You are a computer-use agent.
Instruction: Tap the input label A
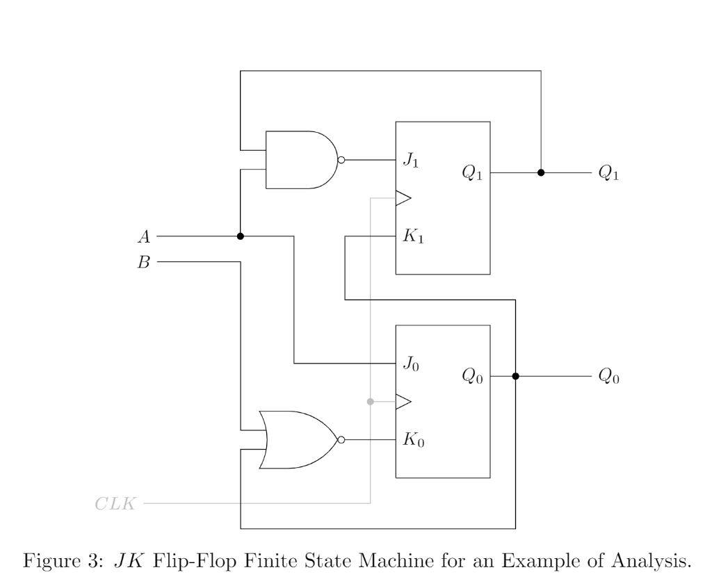pyautogui.click(x=144, y=237)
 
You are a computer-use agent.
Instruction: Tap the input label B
pyautogui.click(x=144, y=263)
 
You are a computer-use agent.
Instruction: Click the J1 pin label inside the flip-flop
pyautogui.click(x=410, y=161)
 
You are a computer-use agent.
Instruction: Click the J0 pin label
pyautogui.click(x=410, y=364)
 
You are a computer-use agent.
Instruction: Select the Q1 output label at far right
pyautogui.click(x=608, y=173)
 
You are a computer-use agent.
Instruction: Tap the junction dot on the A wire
pyautogui.click(x=240, y=236)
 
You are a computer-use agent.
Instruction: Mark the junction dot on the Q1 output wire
pyautogui.click(x=540, y=172)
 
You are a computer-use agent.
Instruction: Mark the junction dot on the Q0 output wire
pyautogui.click(x=515, y=376)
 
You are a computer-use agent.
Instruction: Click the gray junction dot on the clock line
pyautogui.click(x=370, y=402)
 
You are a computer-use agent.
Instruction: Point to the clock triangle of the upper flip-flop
pyautogui.click(x=403, y=198)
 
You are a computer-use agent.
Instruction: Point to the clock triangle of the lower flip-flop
pyautogui.click(x=403, y=402)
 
